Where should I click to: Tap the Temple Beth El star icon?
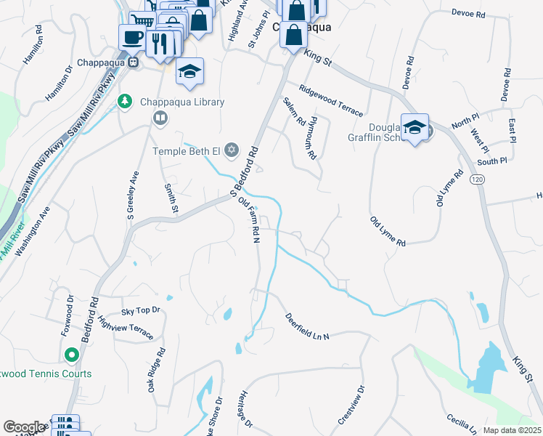tap(232, 150)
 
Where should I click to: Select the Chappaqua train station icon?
tap(133, 63)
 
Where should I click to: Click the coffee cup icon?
tap(131, 36)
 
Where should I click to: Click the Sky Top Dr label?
tap(140, 310)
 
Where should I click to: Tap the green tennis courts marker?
tap(71, 355)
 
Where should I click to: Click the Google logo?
tap(24, 427)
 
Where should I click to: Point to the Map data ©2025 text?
tap(512, 430)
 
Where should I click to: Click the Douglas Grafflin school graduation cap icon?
tap(415, 127)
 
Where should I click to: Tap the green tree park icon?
tap(125, 100)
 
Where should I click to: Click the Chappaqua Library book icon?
tap(159, 117)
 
